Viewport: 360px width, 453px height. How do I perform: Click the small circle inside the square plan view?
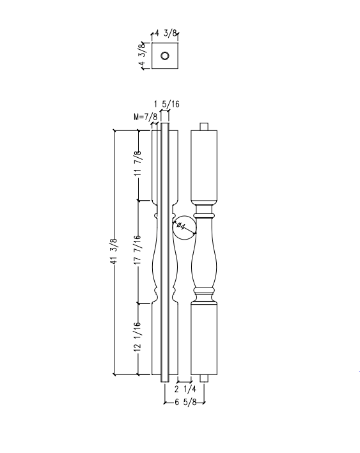[x=165, y=56]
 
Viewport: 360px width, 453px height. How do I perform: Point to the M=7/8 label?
[x=145, y=116]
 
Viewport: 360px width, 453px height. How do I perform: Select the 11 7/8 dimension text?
[x=137, y=165]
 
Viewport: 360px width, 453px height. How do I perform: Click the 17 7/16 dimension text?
[x=137, y=250]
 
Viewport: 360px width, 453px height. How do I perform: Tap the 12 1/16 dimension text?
[x=137, y=338]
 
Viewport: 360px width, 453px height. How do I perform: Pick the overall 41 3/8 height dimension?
[x=113, y=251]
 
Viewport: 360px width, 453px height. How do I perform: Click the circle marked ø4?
[x=184, y=226]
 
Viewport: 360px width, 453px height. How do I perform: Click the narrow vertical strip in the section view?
[x=164, y=256]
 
